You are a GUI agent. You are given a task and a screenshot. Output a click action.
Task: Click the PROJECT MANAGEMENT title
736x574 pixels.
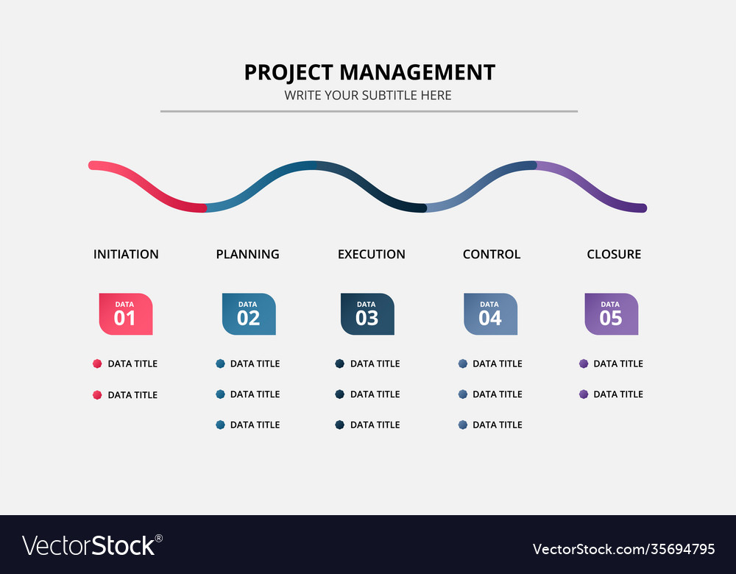(369, 72)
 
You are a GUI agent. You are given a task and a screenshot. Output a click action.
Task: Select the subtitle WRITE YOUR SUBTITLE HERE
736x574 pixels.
(368, 96)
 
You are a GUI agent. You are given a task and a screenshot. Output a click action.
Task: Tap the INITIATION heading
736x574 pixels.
(126, 254)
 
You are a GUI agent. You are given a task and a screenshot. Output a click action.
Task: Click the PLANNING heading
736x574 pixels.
(247, 254)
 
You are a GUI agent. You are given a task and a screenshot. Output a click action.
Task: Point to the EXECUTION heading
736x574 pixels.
(371, 254)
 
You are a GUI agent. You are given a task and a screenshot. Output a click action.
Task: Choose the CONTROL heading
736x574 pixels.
(491, 254)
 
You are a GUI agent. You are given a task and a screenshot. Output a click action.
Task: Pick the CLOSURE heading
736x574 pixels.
(614, 254)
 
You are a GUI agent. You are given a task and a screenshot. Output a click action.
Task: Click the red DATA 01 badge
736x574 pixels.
(126, 314)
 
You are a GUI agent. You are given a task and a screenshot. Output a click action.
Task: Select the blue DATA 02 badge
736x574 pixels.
(249, 314)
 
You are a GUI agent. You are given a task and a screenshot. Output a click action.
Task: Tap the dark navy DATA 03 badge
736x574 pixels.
(367, 314)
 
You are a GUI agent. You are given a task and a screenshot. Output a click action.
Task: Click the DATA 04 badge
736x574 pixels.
(490, 314)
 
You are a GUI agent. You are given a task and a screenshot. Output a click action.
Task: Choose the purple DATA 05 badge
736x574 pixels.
(611, 314)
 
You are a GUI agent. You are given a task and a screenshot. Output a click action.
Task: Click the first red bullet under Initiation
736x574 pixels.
(97, 364)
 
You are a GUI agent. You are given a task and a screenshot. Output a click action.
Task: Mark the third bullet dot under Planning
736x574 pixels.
(220, 425)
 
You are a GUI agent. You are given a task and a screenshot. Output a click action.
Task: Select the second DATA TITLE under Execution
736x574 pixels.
(375, 394)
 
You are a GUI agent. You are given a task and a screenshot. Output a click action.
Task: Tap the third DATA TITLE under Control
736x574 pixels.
(497, 425)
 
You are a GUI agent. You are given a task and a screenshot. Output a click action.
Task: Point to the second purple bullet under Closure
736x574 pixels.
(584, 394)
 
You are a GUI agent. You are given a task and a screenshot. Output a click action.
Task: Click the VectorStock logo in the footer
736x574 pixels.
(92, 545)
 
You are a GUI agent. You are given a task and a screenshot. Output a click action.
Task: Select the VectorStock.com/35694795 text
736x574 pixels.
(623, 549)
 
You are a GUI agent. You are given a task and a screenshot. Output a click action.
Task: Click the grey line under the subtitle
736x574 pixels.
(369, 111)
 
